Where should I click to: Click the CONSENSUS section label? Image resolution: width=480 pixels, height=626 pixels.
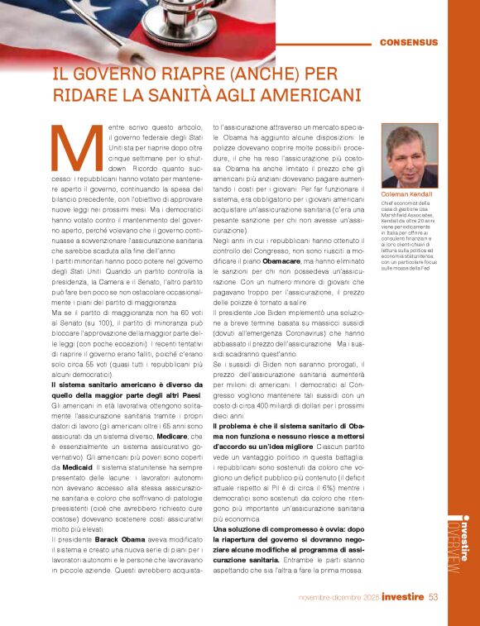coord(409,42)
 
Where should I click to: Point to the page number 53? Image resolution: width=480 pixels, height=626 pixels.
coord(434,597)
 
